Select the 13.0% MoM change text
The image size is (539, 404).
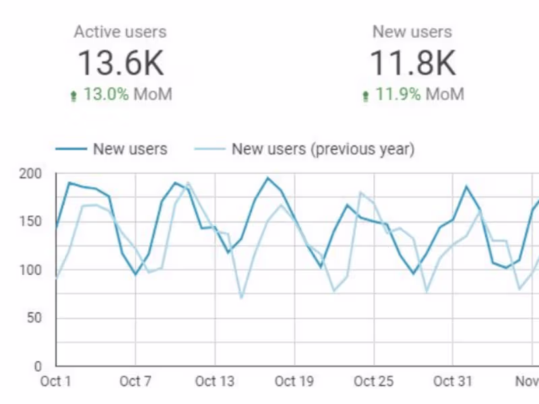(x=127, y=94)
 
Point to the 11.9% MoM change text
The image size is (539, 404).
(x=419, y=94)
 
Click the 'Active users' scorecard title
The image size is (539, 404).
(x=120, y=32)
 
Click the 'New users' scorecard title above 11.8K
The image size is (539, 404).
(x=412, y=32)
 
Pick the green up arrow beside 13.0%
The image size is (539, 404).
(x=74, y=96)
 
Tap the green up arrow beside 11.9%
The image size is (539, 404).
(x=366, y=96)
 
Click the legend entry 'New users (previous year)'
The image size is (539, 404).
(x=322, y=149)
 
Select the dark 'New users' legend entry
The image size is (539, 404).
(x=130, y=149)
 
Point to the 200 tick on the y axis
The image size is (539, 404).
(x=31, y=174)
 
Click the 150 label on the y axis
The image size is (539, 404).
(x=31, y=222)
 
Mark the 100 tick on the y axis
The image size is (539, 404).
(x=31, y=271)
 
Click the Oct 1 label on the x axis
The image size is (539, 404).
(x=56, y=382)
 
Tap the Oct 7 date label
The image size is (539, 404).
(x=135, y=382)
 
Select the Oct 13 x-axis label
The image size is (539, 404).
(x=215, y=382)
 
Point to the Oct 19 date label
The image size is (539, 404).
(x=294, y=382)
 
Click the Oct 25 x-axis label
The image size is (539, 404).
(x=374, y=382)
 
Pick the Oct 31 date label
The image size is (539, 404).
(x=453, y=382)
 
